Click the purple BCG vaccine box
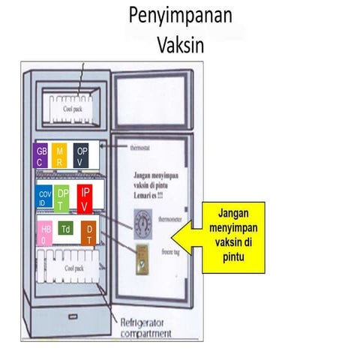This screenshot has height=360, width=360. click(40, 156)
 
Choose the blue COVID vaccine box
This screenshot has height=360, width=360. click(44, 199)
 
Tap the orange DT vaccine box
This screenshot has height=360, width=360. click(88, 233)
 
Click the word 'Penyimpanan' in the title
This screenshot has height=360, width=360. click(180, 15)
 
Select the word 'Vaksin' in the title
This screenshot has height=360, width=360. click(180, 43)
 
